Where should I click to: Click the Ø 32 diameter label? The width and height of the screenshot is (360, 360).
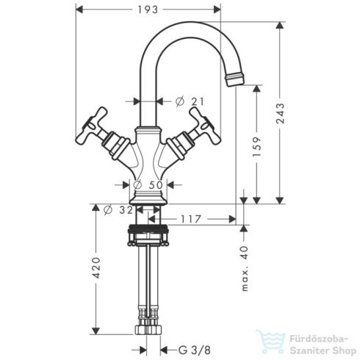[115, 210]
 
